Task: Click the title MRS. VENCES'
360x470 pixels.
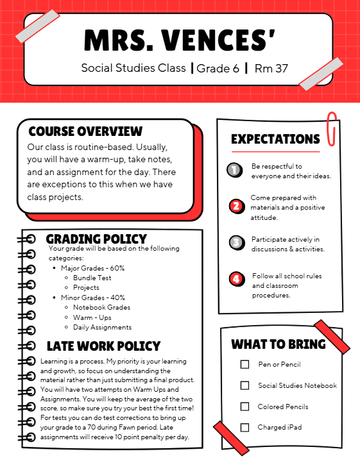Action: pos(180,40)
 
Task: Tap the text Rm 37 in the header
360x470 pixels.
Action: pos(271,68)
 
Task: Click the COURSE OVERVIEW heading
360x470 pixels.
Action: pos(85,131)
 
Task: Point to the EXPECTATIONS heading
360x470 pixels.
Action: pos(275,139)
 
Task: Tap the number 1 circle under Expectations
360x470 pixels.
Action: pos(235,170)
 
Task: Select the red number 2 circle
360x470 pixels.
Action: pos(236,206)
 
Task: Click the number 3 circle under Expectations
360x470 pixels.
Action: pos(236,242)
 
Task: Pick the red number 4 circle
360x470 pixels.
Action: pos(236,279)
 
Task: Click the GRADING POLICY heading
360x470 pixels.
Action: pos(96,239)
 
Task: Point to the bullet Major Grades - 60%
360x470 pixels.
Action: pos(92,268)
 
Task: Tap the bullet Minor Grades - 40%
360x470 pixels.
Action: pos(92,298)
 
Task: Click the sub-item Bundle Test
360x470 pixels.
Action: pos(92,278)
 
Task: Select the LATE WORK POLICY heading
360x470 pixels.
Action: pos(103,346)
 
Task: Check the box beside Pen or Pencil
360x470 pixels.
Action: pos(244,364)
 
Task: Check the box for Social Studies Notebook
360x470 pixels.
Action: pos(244,385)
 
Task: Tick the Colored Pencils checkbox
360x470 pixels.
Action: pos(244,407)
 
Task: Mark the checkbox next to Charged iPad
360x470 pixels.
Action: pos(244,427)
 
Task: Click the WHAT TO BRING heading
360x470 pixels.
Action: pos(278,344)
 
